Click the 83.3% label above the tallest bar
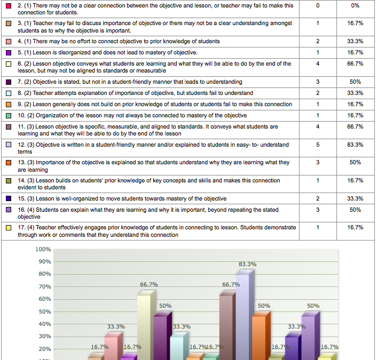point(247,264)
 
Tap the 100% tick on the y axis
point(43,249)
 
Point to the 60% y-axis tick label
point(45,299)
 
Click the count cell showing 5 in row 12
point(318,145)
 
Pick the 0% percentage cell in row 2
point(355,5)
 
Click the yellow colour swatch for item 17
point(9,228)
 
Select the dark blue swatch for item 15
point(9,198)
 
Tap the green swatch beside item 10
point(9,116)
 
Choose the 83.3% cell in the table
point(355,145)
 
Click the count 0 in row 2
point(318,5)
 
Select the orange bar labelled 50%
point(261,336)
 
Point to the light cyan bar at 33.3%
point(179,346)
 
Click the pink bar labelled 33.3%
point(114,346)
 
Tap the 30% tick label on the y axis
point(45,336)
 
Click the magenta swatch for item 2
point(9,6)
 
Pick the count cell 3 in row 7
point(318,82)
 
